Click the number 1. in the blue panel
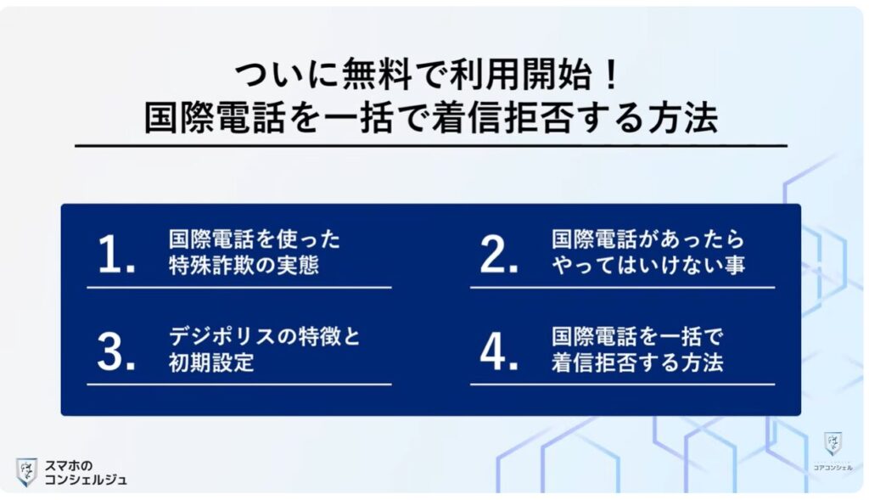tap(116, 254)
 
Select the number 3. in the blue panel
tap(116, 351)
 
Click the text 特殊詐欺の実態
tap(244, 265)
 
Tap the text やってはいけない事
tap(648, 265)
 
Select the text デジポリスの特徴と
tap(265, 336)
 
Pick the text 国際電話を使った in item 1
tap(254, 239)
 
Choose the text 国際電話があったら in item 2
tap(648, 239)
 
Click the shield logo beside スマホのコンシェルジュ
tap(26, 471)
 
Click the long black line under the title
tap(430, 147)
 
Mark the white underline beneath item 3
tap(238, 385)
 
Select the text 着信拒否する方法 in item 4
tap(637, 362)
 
